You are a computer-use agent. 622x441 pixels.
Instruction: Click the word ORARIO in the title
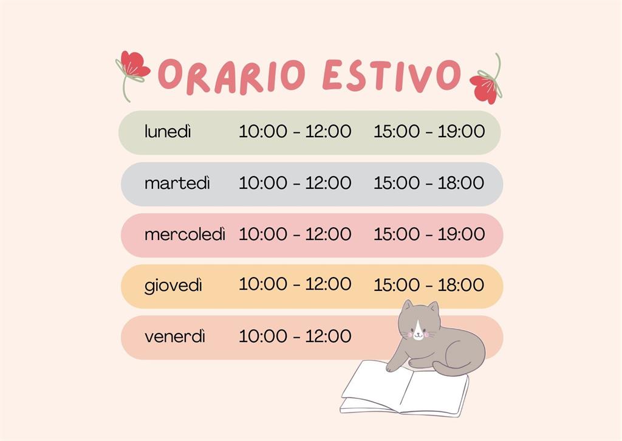(232, 77)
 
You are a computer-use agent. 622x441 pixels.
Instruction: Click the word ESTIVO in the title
(392, 75)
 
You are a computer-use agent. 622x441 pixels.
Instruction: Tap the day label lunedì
(168, 131)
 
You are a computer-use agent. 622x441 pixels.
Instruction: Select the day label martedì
(177, 183)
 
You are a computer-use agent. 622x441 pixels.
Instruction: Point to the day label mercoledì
(185, 234)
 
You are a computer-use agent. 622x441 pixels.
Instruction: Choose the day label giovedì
(173, 285)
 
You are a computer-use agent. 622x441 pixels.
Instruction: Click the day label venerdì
(175, 337)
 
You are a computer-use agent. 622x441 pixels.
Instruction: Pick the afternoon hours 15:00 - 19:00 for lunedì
(429, 131)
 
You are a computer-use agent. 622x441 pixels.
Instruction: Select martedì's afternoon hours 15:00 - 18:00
(429, 183)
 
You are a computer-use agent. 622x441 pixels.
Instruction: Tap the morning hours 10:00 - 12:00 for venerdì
(295, 337)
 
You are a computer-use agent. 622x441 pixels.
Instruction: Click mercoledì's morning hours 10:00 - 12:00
(295, 234)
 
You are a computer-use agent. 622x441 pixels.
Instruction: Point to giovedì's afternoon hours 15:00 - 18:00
(429, 285)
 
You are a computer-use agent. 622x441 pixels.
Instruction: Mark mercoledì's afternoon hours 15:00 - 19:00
(429, 234)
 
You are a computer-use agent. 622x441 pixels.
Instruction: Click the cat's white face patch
(418, 329)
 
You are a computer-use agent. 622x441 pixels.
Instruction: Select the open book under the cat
(405, 389)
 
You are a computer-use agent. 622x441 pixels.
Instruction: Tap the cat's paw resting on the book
(393, 367)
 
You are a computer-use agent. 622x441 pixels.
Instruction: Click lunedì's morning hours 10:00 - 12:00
(295, 131)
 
